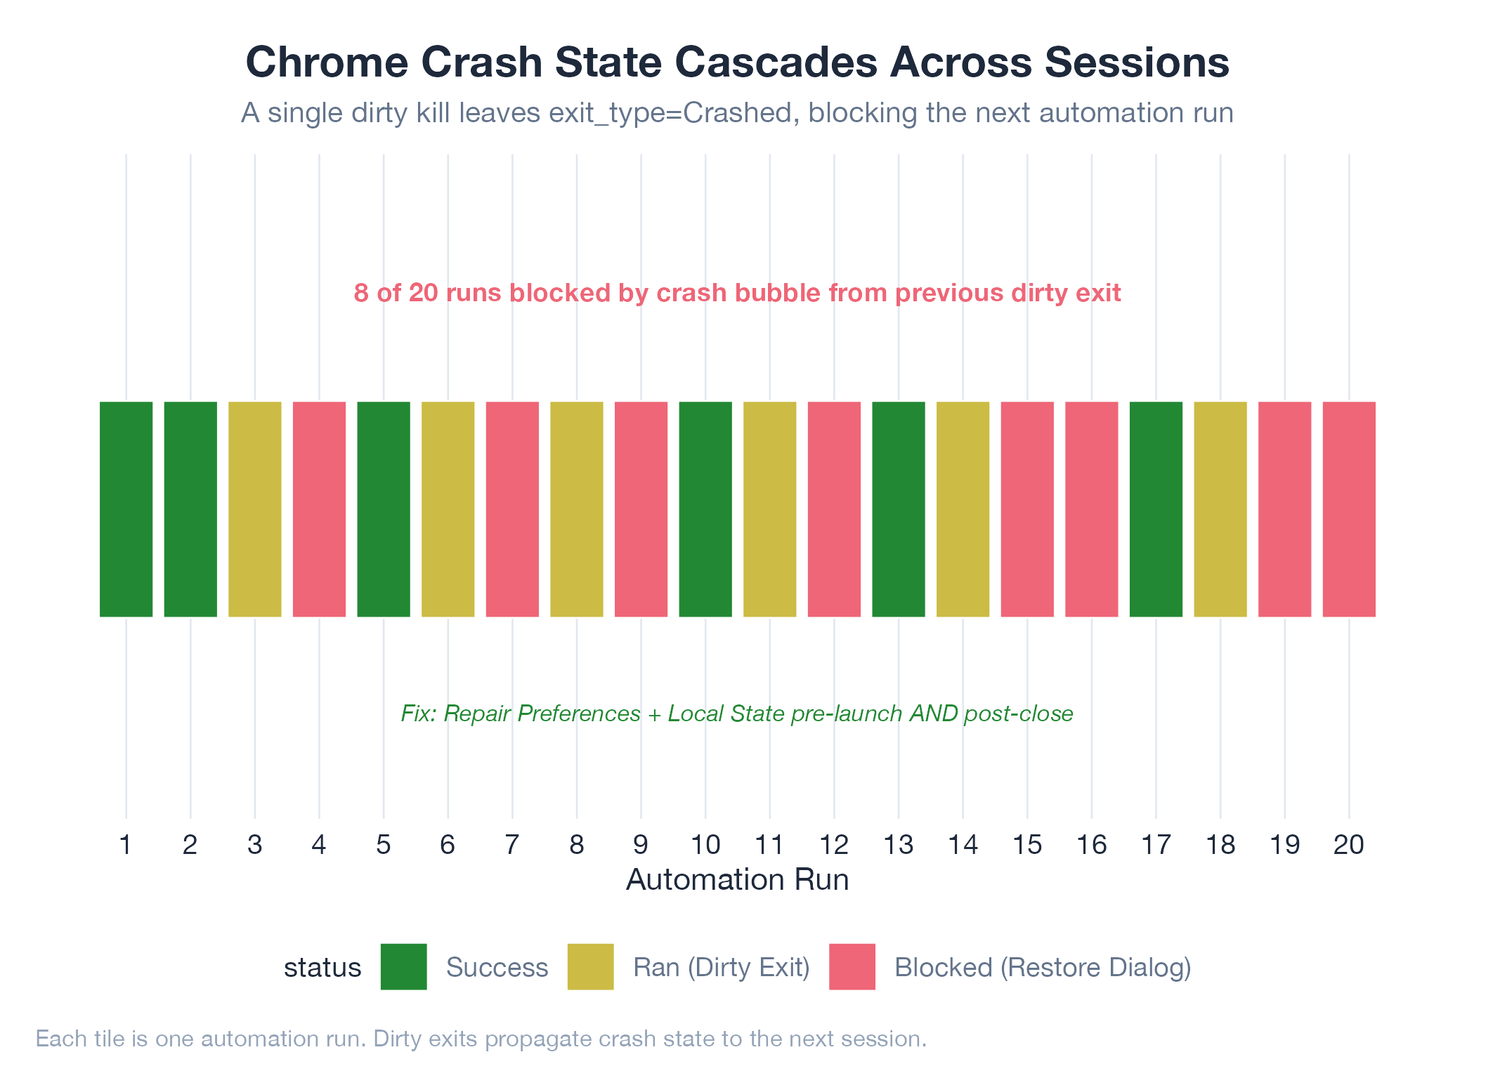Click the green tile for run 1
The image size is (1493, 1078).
pyautogui.click(x=126, y=509)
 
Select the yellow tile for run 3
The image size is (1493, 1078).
pyautogui.click(x=254, y=509)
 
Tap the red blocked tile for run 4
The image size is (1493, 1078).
pyautogui.click(x=319, y=509)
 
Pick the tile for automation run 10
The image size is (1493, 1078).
pyautogui.click(x=705, y=509)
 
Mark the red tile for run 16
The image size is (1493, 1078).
pyautogui.click(x=1091, y=509)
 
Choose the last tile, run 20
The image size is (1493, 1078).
pyautogui.click(x=1349, y=509)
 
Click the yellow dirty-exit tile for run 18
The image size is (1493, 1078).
pyautogui.click(x=1220, y=509)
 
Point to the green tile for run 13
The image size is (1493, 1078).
pyautogui.click(x=899, y=509)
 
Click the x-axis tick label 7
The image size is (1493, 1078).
pyautogui.click(x=512, y=845)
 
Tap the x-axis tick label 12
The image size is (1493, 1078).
pyautogui.click(x=834, y=845)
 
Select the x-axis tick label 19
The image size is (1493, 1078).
pyautogui.click(x=1284, y=845)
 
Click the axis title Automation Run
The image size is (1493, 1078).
pyautogui.click(x=737, y=880)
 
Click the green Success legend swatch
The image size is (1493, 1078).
pyautogui.click(x=403, y=967)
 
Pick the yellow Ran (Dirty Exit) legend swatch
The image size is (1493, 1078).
pyautogui.click(x=590, y=967)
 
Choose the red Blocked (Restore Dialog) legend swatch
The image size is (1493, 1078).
pyautogui.click(x=852, y=967)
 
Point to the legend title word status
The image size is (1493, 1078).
pyautogui.click(x=322, y=968)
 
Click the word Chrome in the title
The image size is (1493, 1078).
pyautogui.click(x=327, y=63)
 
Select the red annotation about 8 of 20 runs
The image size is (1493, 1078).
pyautogui.click(x=737, y=293)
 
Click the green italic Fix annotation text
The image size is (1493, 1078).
pyautogui.click(x=737, y=714)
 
